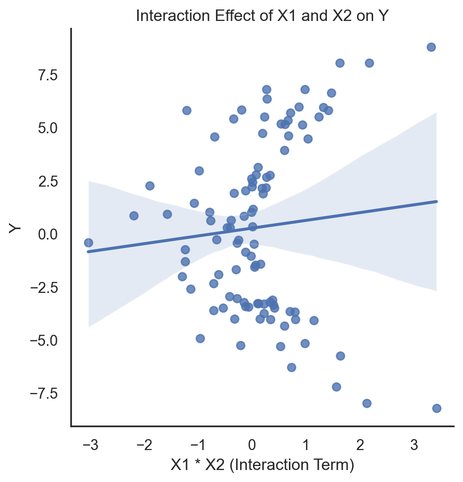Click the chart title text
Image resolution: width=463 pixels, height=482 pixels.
coord(262,16)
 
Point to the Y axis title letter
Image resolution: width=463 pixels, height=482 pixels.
coord(16,228)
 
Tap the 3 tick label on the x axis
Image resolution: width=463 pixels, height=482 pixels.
coord(414,445)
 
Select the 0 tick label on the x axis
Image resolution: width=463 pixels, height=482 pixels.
coord(252,445)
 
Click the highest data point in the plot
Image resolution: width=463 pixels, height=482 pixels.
coord(431,47)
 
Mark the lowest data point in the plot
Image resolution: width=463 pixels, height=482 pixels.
coord(437,408)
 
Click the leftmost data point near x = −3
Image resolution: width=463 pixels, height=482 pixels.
coord(88,242)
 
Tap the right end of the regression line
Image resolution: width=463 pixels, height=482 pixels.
coord(437,202)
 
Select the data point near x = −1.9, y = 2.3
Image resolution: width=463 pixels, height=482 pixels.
coord(150,186)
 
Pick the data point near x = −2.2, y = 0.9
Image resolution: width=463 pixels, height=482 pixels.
coord(134,216)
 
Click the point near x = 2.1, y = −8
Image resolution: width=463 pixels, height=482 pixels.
coord(367,403)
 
